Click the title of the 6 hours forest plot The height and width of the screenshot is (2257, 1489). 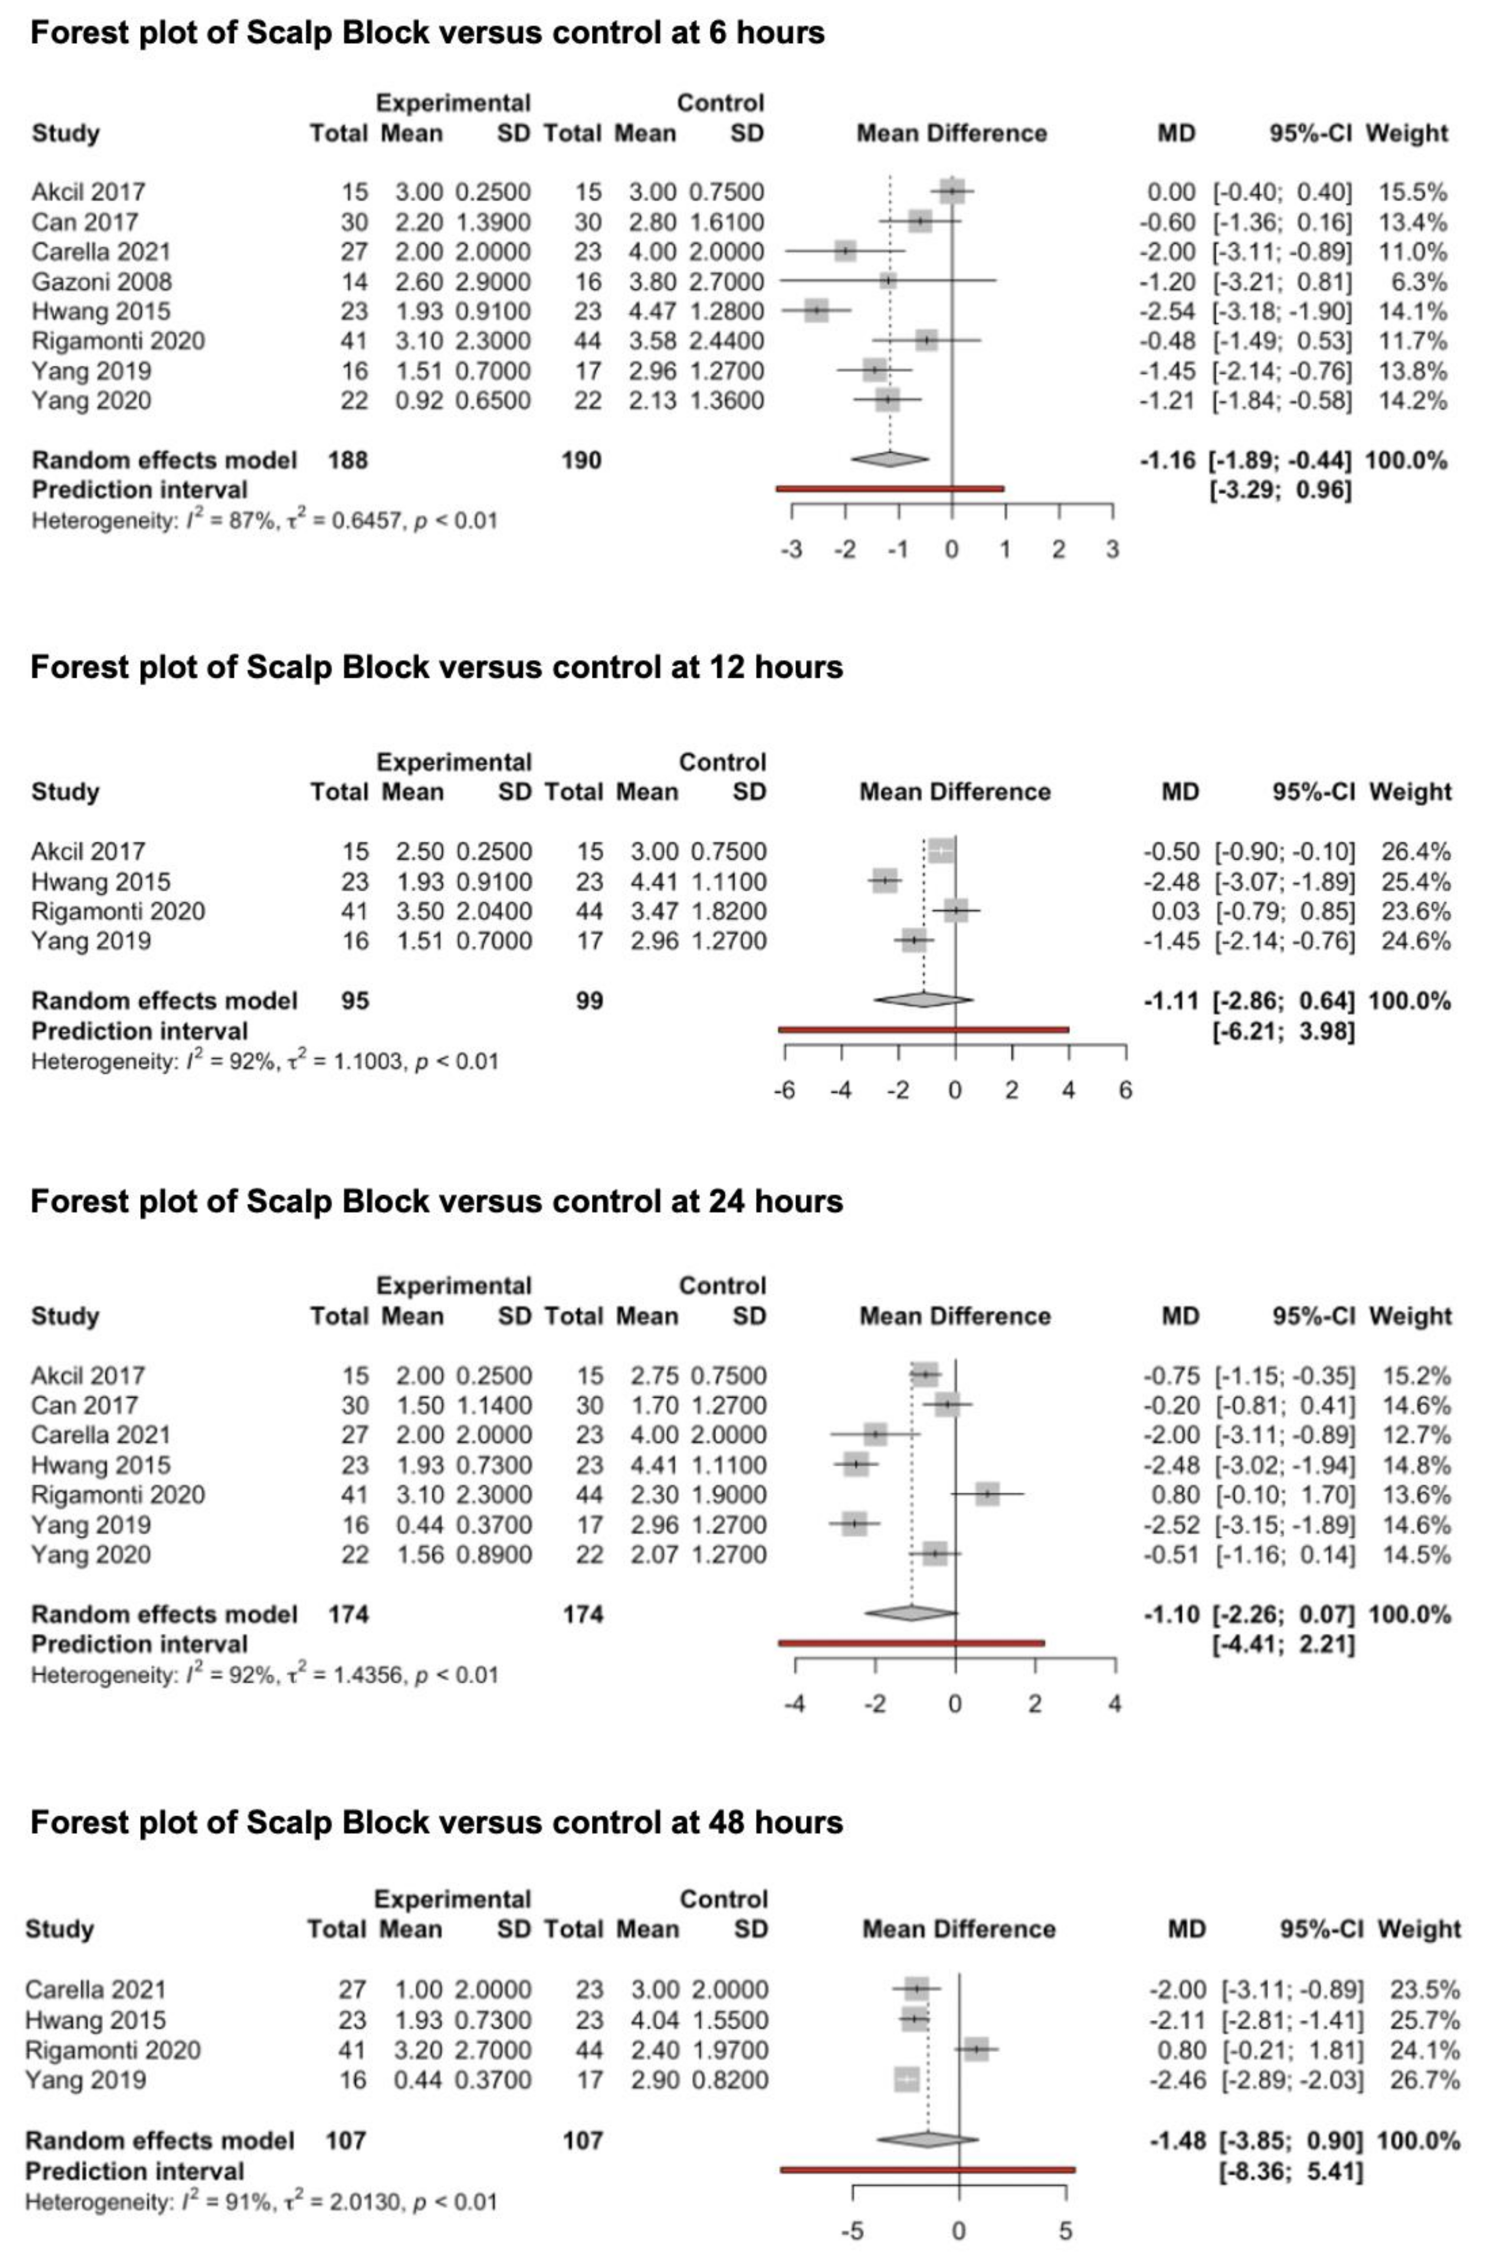tap(427, 33)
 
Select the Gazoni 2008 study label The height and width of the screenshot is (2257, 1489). tap(102, 282)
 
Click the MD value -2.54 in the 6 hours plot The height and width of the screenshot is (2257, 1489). tap(1167, 311)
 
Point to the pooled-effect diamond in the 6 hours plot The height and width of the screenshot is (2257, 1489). tap(890, 459)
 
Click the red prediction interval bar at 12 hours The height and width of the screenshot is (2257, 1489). tap(923, 1029)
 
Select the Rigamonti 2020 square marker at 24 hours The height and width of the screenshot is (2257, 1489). tap(987, 1494)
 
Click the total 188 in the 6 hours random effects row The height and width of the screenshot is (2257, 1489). tap(348, 461)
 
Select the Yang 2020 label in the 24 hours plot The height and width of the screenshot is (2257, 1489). tap(91, 1554)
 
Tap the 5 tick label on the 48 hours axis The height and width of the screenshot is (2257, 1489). tap(1066, 2231)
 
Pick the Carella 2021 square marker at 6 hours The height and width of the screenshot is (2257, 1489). tap(845, 252)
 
